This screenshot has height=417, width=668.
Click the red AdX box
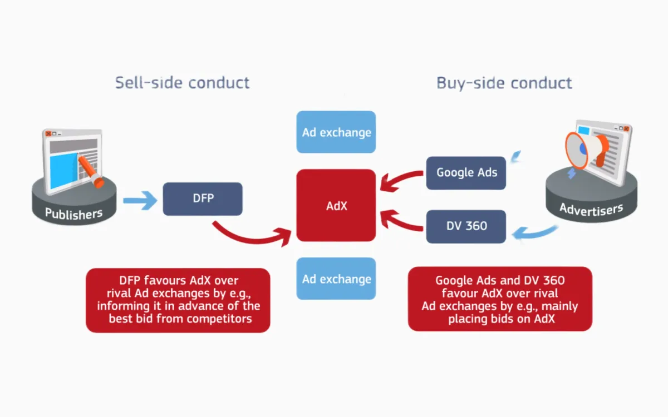point(336,205)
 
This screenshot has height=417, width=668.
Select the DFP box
point(203,198)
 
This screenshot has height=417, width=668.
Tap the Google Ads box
point(466,172)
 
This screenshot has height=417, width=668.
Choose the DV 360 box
point(466,226)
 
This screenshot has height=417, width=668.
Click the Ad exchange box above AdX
point(336,132)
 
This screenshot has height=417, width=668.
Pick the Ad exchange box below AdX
point(336,279)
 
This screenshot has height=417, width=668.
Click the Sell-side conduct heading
point(182,83)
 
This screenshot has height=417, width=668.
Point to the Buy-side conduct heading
point(504,83)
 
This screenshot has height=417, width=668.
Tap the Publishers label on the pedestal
point(73,214)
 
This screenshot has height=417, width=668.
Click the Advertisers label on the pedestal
point(591,209)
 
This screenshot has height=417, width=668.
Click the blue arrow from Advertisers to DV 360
point(534,234)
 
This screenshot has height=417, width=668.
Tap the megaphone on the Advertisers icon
point(584,147)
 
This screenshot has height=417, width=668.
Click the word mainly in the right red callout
point(558,306)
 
